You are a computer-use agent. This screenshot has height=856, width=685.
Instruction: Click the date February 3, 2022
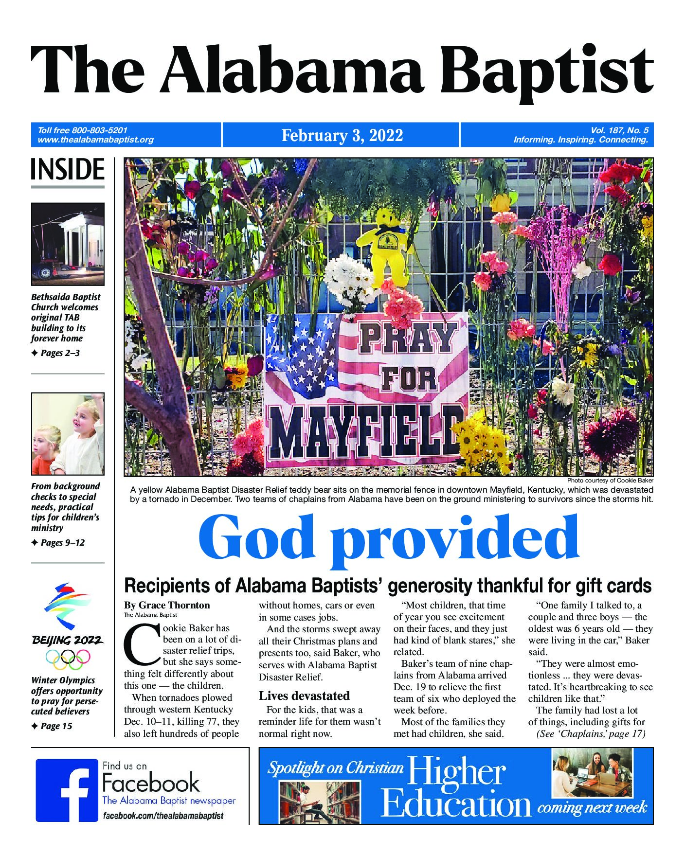(342, 135)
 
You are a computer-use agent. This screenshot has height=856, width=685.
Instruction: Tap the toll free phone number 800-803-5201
(99, 130)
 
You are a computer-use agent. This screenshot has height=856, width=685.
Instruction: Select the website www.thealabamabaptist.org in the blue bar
(95, 140)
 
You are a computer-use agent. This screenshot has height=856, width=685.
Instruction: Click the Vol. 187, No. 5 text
(619, 130)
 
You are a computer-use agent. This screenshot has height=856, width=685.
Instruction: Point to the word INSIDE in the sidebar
(68, 170)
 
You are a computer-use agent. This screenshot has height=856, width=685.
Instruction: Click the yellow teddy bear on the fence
(386, 253)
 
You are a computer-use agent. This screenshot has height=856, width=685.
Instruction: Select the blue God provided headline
(388, 539)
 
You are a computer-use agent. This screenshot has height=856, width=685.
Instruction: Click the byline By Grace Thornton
(167, 605)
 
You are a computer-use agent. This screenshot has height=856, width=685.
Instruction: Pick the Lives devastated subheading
(304, 695)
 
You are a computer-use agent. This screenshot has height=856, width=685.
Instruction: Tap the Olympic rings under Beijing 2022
(68, 660)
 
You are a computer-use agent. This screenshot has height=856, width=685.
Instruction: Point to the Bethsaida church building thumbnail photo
(68, 244)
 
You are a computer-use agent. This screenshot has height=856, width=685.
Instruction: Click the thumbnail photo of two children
(68, 433)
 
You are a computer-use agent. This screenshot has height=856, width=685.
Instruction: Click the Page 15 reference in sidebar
(56, 726)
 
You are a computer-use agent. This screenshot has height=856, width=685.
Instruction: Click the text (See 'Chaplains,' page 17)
(591, 734)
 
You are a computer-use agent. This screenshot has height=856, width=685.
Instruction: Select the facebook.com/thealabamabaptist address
(163, 816)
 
